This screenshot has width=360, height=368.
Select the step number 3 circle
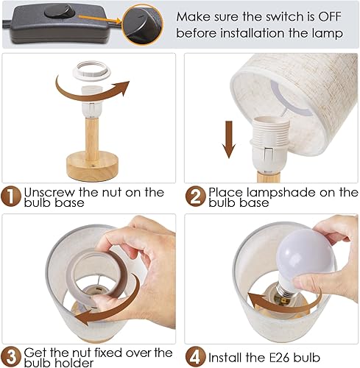12,355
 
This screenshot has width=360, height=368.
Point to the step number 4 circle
196,355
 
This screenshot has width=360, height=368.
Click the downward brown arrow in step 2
229,141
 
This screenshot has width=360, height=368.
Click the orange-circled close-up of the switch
143,24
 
